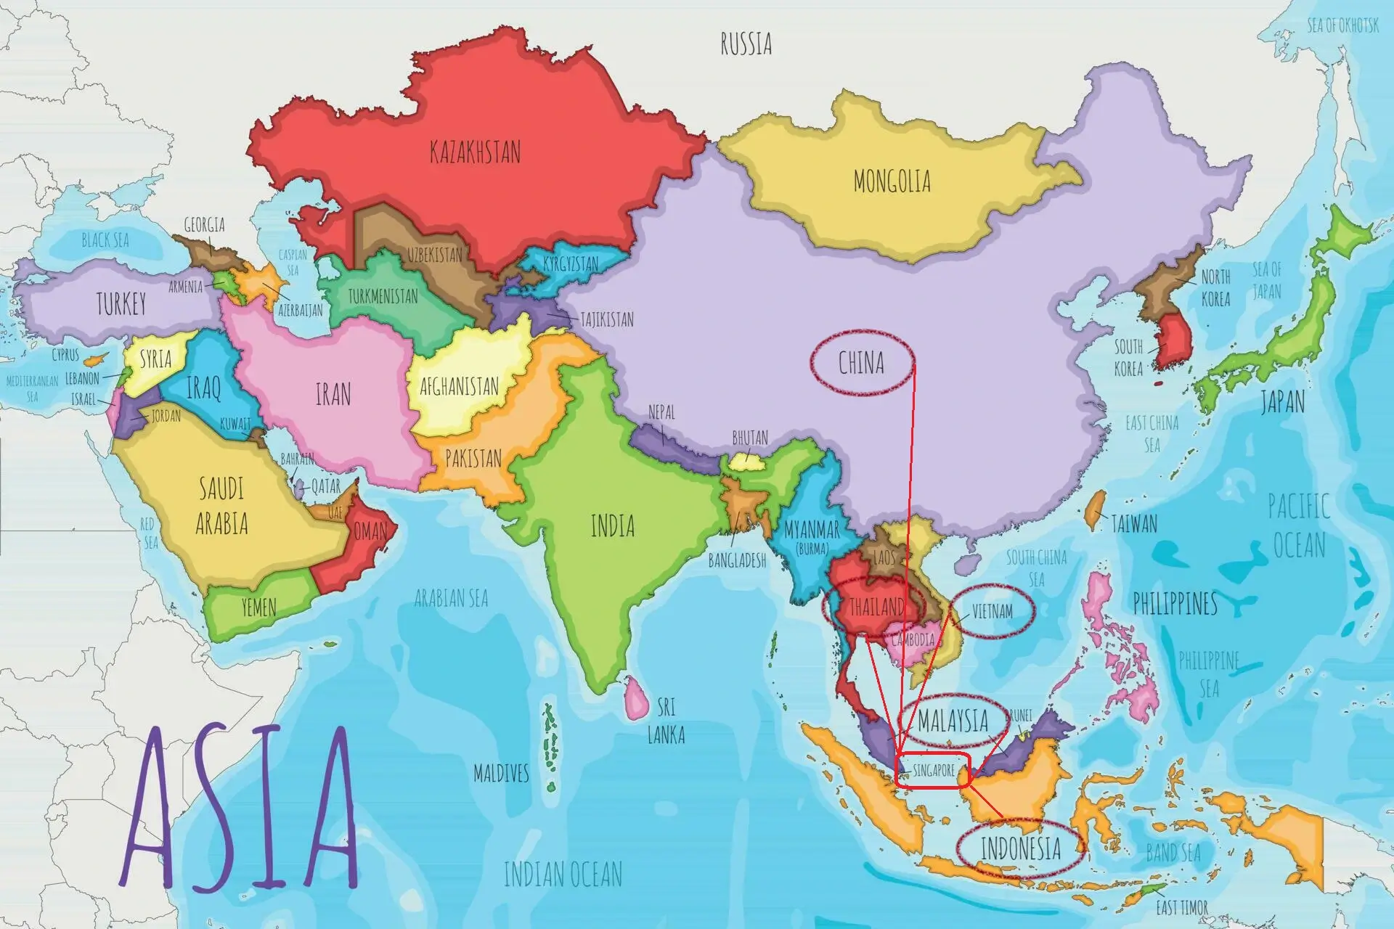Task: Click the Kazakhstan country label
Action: coord(475,152)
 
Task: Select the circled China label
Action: coord(861,363)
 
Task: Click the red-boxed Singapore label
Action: coord(934,771)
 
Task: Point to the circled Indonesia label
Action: coord(1020,848)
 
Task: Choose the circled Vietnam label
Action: coord(992,611)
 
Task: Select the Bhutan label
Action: coord(750,438)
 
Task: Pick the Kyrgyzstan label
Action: coord(571,263)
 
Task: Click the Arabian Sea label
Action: coord(451,598)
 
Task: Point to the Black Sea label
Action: coord(105,240)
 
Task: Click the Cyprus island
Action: coord(92,359)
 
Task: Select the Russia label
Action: coord(746,44)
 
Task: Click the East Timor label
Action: coord(1182,907)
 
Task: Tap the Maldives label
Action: coord(501,774)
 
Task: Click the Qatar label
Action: coord(325,487)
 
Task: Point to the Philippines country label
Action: coord(1175,603)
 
